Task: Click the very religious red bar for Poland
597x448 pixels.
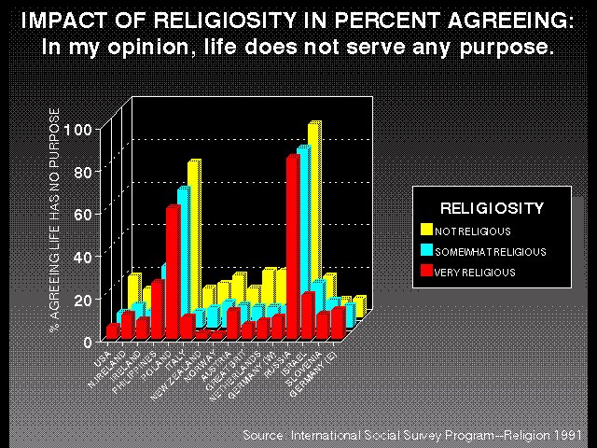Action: pos(173,271)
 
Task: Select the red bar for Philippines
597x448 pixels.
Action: pos(158,308)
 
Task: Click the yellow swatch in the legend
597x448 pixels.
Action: pos(426,230)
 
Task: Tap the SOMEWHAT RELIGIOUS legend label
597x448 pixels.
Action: pos(490,251)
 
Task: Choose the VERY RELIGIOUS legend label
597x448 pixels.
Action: pos(475,273)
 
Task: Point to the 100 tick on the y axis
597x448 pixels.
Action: pos(82,130)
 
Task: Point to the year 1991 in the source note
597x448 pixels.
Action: pos(568,436)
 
